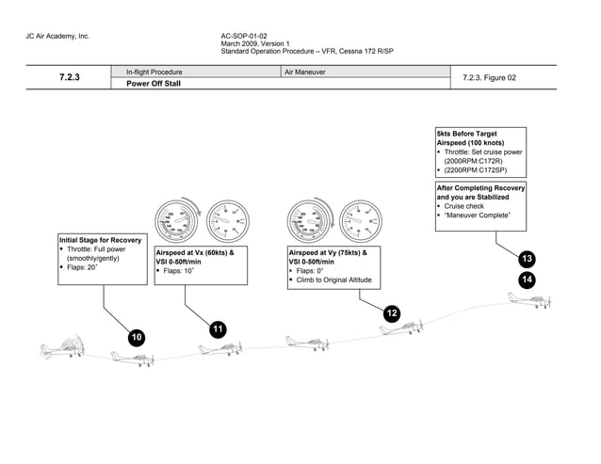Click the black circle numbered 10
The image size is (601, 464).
[x=138, y=337]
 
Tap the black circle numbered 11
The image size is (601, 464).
[x=218, y=328]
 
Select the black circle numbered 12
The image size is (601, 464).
[x=392, y=313]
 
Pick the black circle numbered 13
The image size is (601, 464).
[x=527, y=259]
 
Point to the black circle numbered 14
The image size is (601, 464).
[x=527, y=279]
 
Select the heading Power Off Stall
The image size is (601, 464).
[x=154, y=83]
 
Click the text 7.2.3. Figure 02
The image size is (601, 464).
[x=490, y=78]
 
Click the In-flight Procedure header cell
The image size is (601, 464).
[x=154, y=72]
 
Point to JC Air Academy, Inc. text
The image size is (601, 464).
[x=57, y=36]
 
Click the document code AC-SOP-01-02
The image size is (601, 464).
[x=244, y=36]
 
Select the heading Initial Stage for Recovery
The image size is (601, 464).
[x=100, y=240]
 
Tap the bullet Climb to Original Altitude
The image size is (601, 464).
[x=333, y=280]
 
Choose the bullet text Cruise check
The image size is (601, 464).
[x=463, y=206]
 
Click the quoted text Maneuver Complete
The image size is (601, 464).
[x=478, y=216]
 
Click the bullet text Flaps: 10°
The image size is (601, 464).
[x=180, y=271]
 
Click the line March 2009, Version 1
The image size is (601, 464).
[x=254, y=43]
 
